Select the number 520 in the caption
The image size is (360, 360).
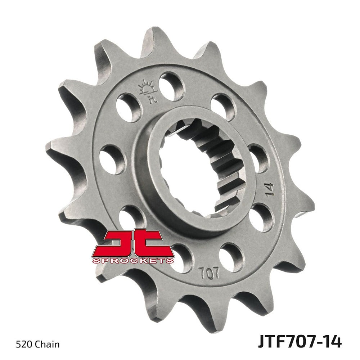pos(23,345)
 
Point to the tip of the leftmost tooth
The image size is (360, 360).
pos(47,146)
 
